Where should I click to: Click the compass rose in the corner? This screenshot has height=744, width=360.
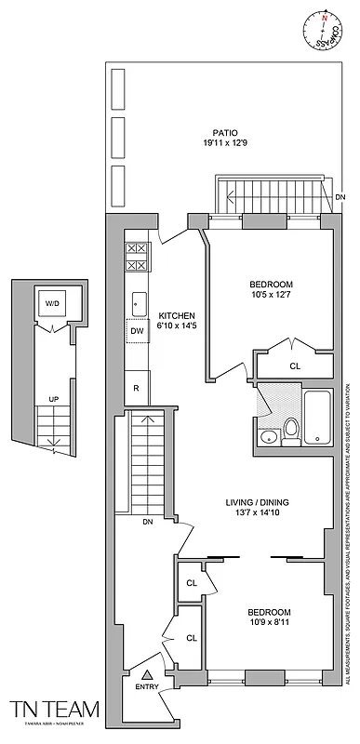[325, 24]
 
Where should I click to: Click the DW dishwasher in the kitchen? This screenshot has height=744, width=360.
[137, 330]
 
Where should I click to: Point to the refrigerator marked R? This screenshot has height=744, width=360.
[137, 387]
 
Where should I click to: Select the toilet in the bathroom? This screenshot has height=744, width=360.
[290, 429]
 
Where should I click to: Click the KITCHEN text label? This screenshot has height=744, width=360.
[174, 315]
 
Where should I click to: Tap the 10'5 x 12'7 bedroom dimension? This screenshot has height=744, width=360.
[271, 297]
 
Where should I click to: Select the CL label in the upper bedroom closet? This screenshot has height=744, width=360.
[295, 366]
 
